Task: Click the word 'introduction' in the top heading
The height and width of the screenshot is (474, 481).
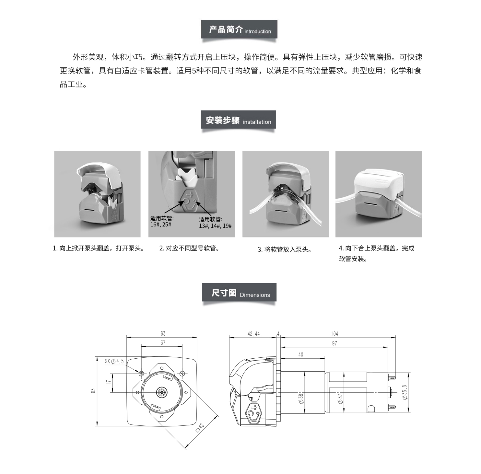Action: point(258,31)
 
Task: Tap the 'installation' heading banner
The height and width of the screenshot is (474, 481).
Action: point(239,120)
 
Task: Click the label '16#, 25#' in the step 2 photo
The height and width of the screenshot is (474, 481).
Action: point(161,225)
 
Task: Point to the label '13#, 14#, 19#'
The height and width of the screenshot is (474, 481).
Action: point(215,225)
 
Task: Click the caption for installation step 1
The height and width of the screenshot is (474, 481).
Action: point(99,249)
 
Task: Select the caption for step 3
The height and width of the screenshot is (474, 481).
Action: point(285,249)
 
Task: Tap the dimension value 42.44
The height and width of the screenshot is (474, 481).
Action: point(253,334)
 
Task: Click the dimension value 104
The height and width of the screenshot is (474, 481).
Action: point(334,334)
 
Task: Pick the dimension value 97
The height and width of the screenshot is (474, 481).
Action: point(334,343)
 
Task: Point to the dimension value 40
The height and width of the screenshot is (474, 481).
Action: point(301,354)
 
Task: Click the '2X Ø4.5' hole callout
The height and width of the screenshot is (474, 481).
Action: point(114,361)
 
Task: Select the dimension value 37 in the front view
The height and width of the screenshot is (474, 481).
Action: point(163,342)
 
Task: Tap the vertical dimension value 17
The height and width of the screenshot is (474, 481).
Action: point(109,382)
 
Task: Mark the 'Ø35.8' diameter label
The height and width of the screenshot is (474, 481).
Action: point(405,392)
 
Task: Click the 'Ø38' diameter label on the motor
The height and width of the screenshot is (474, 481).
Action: point(301,398)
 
